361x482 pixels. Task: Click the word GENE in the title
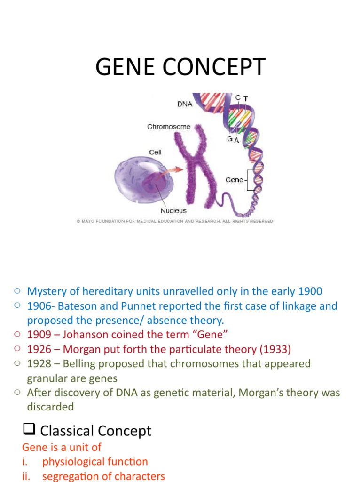pyautogui.click(x=124, y=67)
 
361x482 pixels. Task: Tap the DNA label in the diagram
pyautogui.click(x=185, y=104)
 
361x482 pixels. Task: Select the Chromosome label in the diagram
pyautogui.click(x=168, y=127)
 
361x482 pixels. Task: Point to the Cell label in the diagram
pyautogui.click(x=155, y=152)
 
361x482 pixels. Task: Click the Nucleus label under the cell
pyautogui.click(x=173, y=210)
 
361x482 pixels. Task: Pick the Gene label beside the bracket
pyautogui.click(x=235, y=180)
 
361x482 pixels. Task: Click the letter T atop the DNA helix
pyautogui.click(x=246, y=98)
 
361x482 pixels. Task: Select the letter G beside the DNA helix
pyautogui.click(x=230, y=139)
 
